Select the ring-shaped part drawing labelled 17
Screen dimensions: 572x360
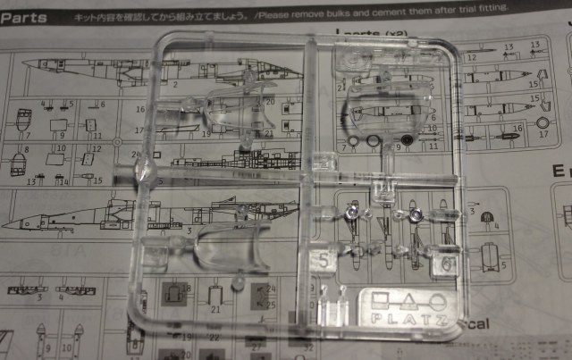click(542, 121)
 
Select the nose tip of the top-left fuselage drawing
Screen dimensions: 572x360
click(21, 64)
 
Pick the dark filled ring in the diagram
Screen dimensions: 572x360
click(407, 140)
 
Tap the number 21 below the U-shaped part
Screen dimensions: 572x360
click(215, 309)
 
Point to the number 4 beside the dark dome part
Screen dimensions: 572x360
click(497, 227)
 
